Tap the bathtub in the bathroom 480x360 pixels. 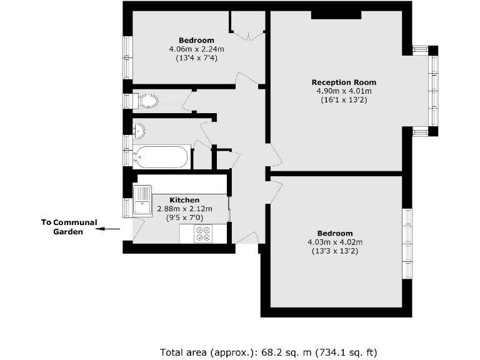coord(161,157)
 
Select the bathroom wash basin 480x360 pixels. coord(139,131)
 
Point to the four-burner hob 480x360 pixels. coord(203,234)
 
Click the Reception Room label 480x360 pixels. coord(344,82)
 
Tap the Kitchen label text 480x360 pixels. coord(184,200)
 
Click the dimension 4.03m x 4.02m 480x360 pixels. coord(335,242)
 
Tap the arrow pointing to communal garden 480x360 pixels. coord(107,229)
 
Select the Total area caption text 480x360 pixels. coord(269,352)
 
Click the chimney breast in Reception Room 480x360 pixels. coord(336,14)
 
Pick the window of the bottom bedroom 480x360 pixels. coord(407,244)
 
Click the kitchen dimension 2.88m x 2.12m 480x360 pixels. coord(184,209)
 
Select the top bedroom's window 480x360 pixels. coord(127,57)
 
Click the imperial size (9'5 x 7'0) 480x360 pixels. coord(184,217)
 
